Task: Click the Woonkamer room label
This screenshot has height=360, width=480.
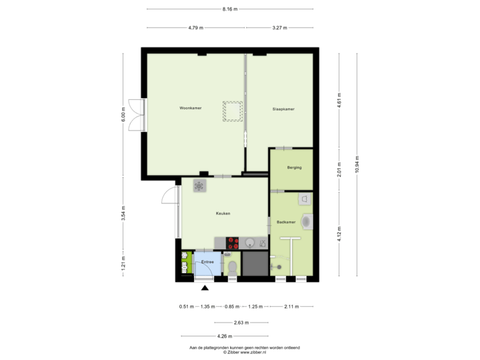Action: tap(191, 107)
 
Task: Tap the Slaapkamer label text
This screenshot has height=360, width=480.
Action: tap(283, 109)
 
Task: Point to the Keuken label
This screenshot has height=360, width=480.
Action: tap(223, 213)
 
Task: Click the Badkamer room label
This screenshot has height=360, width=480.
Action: tap(286, 221)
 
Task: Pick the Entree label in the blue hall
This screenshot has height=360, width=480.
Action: tap(207, 262)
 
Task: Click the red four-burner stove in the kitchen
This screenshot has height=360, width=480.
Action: tap(233, 243)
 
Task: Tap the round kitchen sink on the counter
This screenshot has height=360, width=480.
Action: tap(250, 243)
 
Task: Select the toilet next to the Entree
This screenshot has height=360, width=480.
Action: tap(232, 267)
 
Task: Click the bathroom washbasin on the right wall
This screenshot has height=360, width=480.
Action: tap(307, 221)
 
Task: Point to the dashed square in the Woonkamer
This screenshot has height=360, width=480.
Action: tap(233, 111)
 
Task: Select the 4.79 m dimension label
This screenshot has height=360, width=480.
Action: tap(196, 28)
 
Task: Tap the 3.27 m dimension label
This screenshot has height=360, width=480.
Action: tap(279, 28)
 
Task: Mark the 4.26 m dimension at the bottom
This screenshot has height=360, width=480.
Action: tap(225, 336)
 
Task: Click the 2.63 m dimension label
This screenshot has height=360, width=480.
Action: tap(241, 323)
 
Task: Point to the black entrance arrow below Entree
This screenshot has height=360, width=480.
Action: tap(205, 287)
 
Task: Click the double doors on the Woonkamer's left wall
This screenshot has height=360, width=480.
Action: tap(135, 115)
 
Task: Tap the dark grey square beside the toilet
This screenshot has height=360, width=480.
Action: tap(254, 264)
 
